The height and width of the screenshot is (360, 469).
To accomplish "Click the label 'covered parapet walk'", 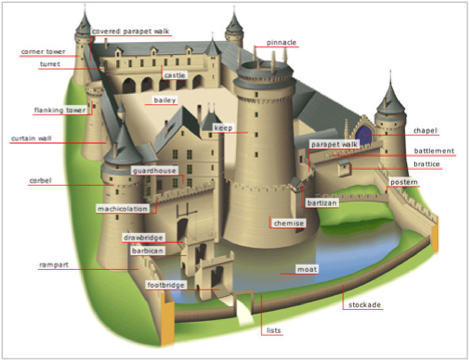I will (x=130, y=32).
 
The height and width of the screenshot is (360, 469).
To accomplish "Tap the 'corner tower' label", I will (x=43, y=52).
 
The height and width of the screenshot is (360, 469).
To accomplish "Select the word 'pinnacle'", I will (x=281, y=42).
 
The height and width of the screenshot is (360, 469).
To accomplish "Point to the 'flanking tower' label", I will (x=60, y=110).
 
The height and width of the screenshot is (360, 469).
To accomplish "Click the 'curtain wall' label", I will (x=31, y=138).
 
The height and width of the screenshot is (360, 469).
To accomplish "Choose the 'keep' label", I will (x=223, y=128).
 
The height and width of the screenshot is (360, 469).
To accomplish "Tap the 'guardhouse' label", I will (x=154, y=171).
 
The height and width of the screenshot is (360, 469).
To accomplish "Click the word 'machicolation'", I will (x=122, y=209).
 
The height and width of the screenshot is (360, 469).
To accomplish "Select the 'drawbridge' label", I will (x=143, y=237).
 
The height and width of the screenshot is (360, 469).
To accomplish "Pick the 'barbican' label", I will (x=148, y=251).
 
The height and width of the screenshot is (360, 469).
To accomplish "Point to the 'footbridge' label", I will (x=166, y=285).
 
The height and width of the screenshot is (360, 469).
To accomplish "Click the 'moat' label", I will (x=307, y=269).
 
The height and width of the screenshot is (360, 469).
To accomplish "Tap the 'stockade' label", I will (x=364, y=305).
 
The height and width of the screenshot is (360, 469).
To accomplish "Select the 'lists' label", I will (x=274, y=330).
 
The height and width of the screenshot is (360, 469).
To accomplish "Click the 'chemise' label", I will (x=289, y=223).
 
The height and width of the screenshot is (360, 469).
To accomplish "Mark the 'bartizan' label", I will (x=322, y=203).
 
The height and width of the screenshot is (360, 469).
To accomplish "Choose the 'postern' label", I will (x=404, y=182).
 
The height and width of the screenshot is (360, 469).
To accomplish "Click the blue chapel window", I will (x=363, y=135).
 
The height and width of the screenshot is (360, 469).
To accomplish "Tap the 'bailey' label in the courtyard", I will (x=165, y=100).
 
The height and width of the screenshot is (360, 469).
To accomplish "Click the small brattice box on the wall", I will (x=343, y=168).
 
